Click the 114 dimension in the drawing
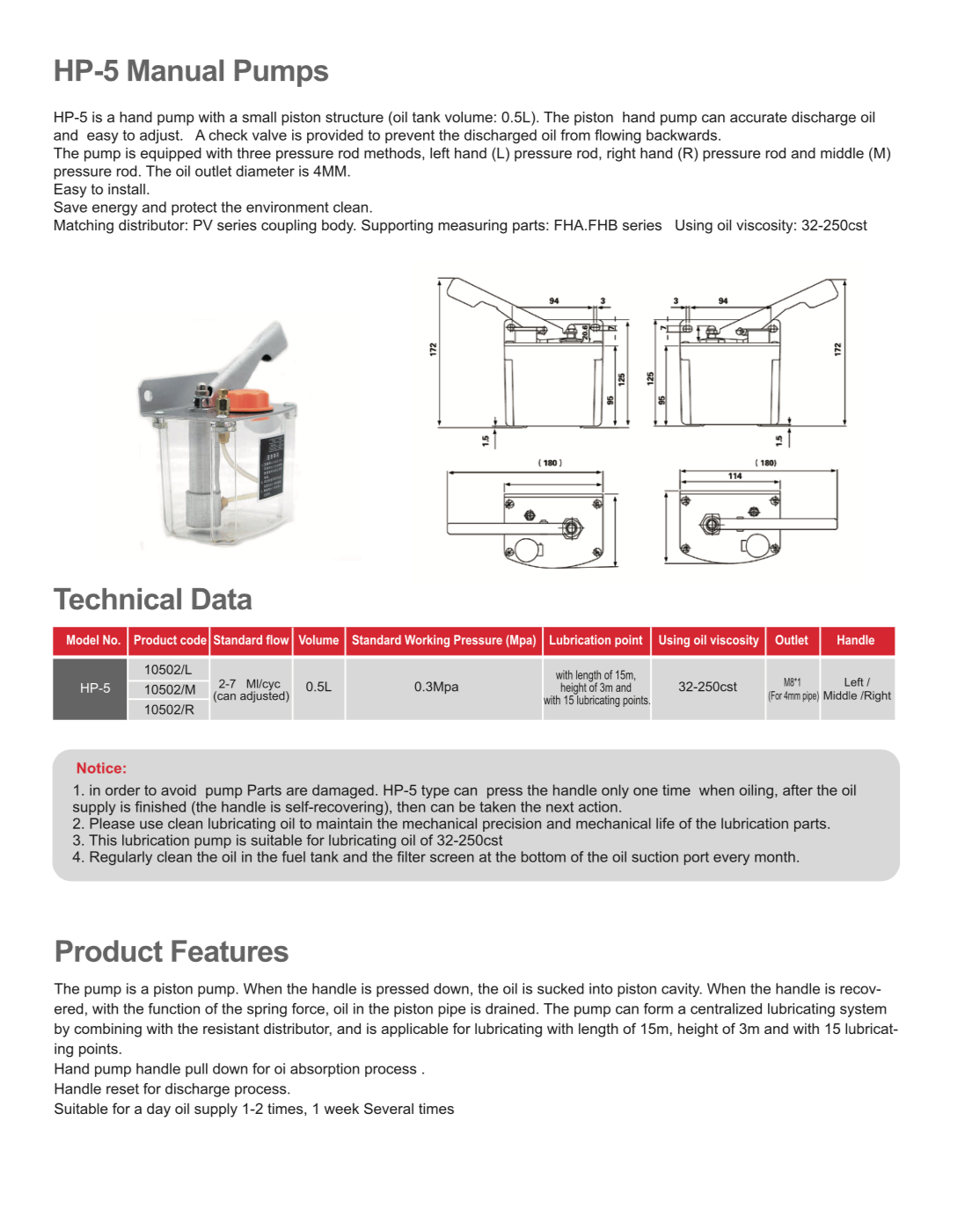[734, 476]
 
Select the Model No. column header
[92, 640]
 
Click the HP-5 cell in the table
[94, 688]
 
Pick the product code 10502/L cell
[168, 669]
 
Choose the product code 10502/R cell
[169, 710]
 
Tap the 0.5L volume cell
[318, 687]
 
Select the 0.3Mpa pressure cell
[436, 687]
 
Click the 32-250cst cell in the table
[707, 687]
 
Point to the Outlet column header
[791, 640]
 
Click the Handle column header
[855, 640]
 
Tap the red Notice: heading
[101, 768]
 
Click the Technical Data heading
[153, 600]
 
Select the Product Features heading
[172, 951]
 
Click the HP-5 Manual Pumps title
[191, 71]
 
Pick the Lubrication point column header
[595, 640]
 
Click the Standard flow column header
[251, 640]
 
